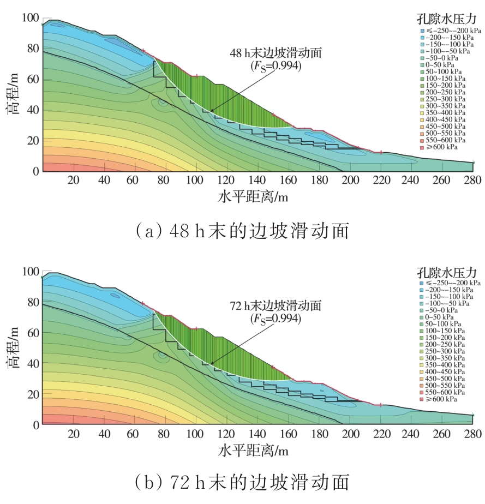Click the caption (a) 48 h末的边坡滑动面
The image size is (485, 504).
[242, 231]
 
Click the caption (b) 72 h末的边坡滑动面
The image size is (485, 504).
[242, 482]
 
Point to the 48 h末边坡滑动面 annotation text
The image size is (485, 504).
[276, 53]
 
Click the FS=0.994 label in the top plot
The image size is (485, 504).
[276, 65]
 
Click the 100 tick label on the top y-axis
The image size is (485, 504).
[30, 18]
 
